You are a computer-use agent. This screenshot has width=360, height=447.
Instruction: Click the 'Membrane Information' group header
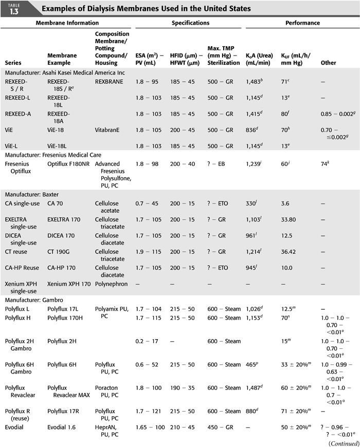(67, 23)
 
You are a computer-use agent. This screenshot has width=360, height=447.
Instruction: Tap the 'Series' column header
(13, 63)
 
